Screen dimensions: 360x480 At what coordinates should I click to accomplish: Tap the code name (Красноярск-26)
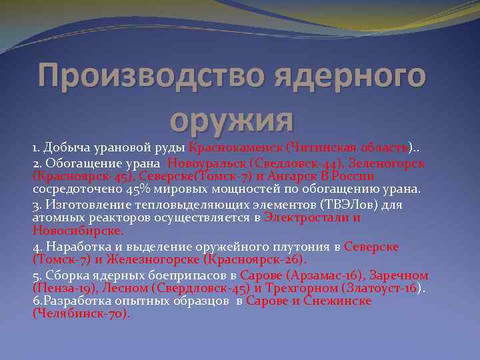click(x=255, y=259)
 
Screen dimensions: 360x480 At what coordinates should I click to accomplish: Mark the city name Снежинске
click(x=338, y=301)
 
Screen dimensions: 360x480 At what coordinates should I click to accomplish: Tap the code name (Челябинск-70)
click(x=81, y=314)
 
